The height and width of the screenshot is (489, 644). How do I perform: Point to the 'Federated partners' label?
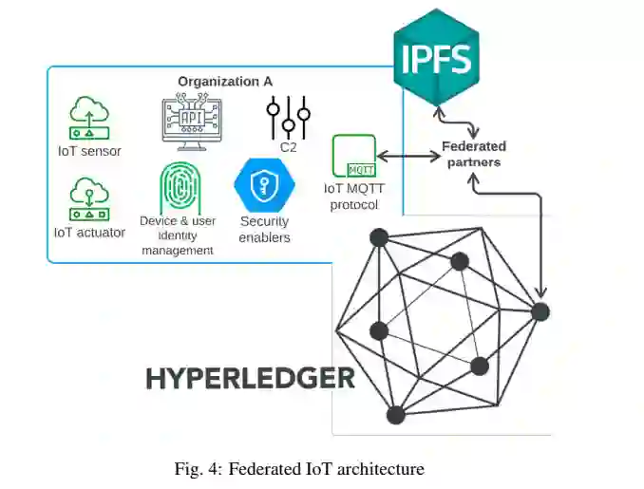(x=474, y=154)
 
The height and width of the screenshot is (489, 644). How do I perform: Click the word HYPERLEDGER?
(x=250, y=378)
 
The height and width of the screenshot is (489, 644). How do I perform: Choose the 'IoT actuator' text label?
(x=88, y=232)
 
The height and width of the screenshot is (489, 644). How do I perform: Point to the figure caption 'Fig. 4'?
(x=299, y=468)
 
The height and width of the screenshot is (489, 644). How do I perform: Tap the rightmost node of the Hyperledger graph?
(x=540, y=310)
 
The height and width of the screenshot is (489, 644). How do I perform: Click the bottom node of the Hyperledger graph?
(x=396, y=414)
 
